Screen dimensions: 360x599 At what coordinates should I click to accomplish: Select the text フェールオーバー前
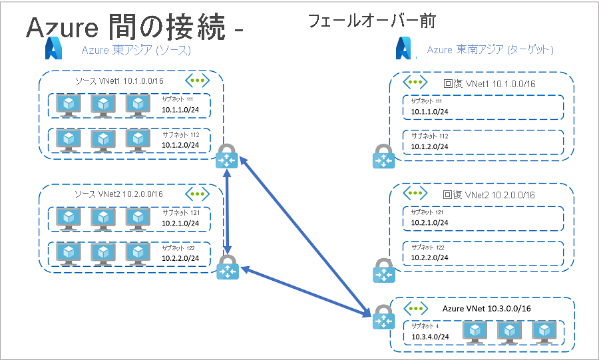(x=371, y=21)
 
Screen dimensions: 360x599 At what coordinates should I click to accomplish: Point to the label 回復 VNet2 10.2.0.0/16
(x=489, y=195)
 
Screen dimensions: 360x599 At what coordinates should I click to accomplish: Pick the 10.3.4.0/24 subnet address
(x=430, y=337)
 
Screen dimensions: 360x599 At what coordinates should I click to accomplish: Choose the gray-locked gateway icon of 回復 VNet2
(x=383, y=271)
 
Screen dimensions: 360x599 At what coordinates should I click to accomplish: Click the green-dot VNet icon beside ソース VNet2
(x=197, y=194)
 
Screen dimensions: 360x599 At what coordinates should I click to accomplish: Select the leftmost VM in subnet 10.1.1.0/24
(x=69, y=104)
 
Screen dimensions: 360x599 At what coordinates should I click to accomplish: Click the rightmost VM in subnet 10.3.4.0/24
(x=544, y=331)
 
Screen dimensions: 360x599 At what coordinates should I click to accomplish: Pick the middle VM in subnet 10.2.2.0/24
(x=103, y=253)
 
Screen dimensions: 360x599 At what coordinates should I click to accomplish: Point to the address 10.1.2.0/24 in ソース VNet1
(x=182, y=144)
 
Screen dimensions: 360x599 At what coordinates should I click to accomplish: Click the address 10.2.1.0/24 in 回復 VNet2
(x=430, y=223)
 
